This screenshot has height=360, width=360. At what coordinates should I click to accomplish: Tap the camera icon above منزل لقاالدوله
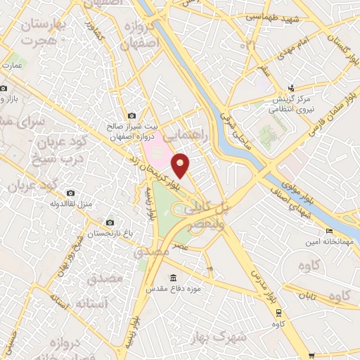coord(70,193)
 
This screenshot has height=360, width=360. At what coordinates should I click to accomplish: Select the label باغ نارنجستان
coord(108,233)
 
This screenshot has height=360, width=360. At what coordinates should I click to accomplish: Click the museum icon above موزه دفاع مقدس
coord(173,276)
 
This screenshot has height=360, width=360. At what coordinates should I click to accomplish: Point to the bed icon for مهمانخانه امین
coord(328,231)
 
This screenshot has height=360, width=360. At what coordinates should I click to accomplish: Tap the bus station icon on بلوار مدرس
coord(279,311)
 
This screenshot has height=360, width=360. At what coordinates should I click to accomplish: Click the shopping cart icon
coord(311,356)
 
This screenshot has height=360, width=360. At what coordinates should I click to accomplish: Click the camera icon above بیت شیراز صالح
coord(131,115)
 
